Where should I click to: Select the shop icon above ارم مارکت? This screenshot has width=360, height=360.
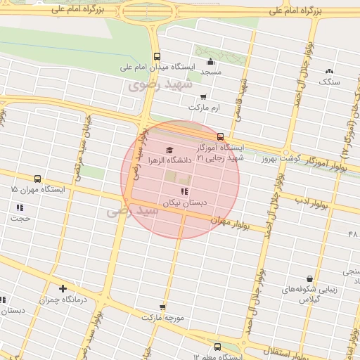pos(204,97)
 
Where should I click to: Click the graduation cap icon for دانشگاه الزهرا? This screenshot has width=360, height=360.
pos(169,150)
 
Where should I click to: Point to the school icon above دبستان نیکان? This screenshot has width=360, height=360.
pos(184,191)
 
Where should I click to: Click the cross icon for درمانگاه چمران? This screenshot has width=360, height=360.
pos(63,288)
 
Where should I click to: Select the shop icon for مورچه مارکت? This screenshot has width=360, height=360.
pos(163,307)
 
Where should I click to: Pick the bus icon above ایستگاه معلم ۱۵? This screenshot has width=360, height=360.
pos(217,347)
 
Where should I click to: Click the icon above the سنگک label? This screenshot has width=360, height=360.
pos(328,71)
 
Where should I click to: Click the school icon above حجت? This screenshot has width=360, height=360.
pos(20,207)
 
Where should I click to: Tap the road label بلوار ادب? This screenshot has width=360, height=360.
pos(312,202)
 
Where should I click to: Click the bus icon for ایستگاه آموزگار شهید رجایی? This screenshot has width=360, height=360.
pos(221,136)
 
